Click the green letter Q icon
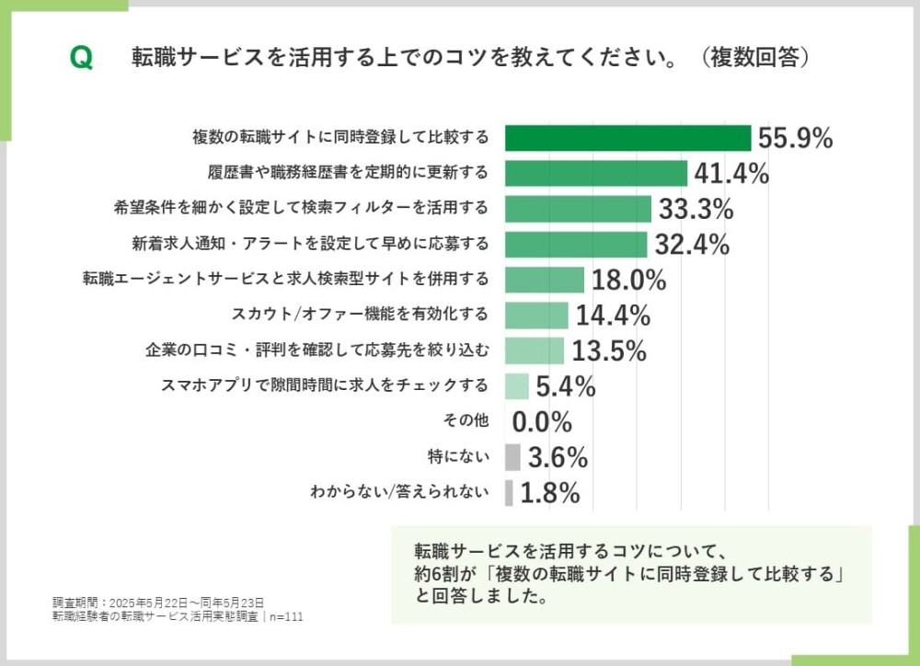point(81,58)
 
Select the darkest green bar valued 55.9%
point(628,138)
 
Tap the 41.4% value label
point(730,173)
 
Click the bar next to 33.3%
point(578,209)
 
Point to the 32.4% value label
point(692,244)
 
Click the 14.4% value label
point(613,316)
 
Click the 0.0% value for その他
point(542,422)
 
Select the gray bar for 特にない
point(512,457)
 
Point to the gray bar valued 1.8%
point(509,493)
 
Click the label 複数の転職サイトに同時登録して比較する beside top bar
point(340,138)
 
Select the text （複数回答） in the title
point(753,58)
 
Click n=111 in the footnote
point(286,616)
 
